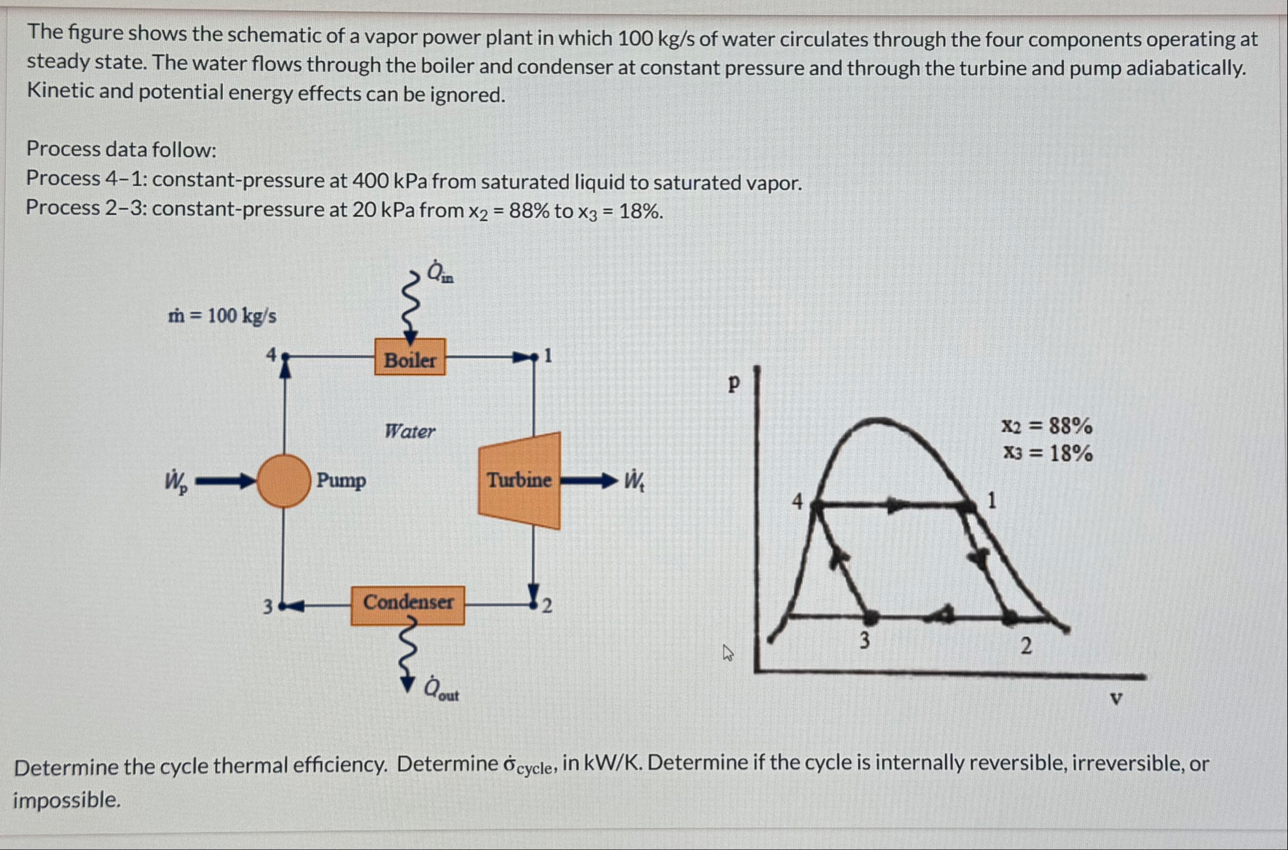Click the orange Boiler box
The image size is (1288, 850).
pyautogui.click(x=410, y=357)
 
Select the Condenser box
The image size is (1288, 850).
pyautogui.click(x=407, y=604)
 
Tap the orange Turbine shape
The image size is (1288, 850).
pyautogui.click(x=519, y=480)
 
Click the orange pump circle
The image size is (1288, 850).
pyautogui.click(x=284, y=481)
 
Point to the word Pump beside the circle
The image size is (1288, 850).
pyautogui.click(x=341, y=481)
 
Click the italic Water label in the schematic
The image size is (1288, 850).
pyautogui.click(x=409, y=431)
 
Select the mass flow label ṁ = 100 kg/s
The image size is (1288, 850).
pyautogui.click(x=222, y=316)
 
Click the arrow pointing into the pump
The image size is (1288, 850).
pyautogui.click(x=225, y=481)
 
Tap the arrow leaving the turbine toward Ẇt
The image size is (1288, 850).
pyautogui.click(x=588, y=481)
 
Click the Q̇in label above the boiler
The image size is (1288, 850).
pyautogui.click(x=440, y=272)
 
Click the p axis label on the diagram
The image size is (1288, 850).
pyautogui.click(x=734, y=383)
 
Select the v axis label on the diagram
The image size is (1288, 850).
pyautogui.click(x=1116, y=699)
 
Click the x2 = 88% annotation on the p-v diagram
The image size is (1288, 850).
pyautogui.click(x=1046, y=426)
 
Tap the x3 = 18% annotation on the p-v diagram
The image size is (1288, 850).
pyautogui.click(x=1048, y=452)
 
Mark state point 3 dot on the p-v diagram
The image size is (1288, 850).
pyautogui.click(x=871, y=617)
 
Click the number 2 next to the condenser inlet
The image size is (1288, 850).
pyautogui.click(x=547, y=606)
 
